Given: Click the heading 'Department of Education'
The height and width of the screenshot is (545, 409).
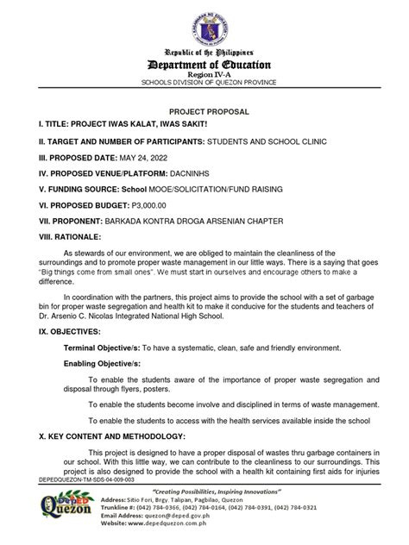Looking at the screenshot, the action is pos(204,65).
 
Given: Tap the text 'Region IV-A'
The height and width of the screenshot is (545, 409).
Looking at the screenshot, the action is pos(204,76).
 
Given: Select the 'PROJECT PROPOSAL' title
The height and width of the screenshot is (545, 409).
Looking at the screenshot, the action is pos(204,111).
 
